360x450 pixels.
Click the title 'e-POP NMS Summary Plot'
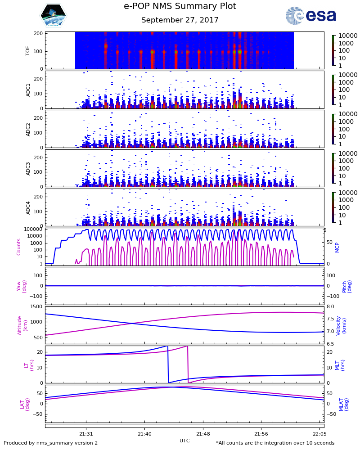[180, 6]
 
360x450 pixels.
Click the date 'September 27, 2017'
[180, 20]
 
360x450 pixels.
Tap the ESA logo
[310, 15]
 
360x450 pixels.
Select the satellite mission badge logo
[53, 15]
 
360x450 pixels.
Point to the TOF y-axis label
[28, 50]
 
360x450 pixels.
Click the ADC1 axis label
[28, 90]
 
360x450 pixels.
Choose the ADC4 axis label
[28, 207]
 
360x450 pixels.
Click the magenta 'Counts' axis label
[19, 247]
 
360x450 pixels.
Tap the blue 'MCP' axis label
[337, 247]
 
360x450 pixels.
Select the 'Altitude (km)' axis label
[22, 325]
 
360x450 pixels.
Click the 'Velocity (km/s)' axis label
[341, 325]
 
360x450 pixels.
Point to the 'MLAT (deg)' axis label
[344, 404]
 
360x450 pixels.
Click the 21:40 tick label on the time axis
[144, 434]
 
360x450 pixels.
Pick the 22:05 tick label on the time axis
[319, 434]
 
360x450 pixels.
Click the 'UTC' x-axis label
[184, 441]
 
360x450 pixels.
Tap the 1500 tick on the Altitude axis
[36, 307]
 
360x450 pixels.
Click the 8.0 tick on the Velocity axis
[330, 307]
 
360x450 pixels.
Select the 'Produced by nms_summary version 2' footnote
[50, 443]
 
